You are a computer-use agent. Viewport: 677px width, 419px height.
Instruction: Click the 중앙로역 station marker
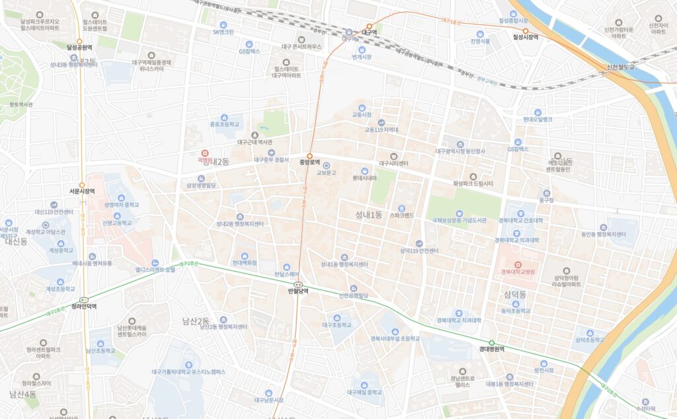[x=309, y=155]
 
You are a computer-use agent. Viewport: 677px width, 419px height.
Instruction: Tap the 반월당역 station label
[x=299, y=291]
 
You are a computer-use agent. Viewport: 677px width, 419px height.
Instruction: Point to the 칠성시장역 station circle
[x=526, y=30]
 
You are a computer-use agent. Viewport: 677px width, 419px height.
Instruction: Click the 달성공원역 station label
[x=79, y=48]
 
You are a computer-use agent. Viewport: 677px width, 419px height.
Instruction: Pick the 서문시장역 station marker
[x=82, y=185]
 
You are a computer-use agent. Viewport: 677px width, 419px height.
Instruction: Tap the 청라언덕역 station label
[x=84, y=307]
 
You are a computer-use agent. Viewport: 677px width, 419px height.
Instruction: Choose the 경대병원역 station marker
[x=491, y=342]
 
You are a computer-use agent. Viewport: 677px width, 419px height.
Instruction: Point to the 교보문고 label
[x=327, y=172]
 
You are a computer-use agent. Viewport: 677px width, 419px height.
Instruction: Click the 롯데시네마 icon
[x=364, y=171]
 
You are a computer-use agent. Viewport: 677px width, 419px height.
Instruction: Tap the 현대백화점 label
[x=245, y=262]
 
